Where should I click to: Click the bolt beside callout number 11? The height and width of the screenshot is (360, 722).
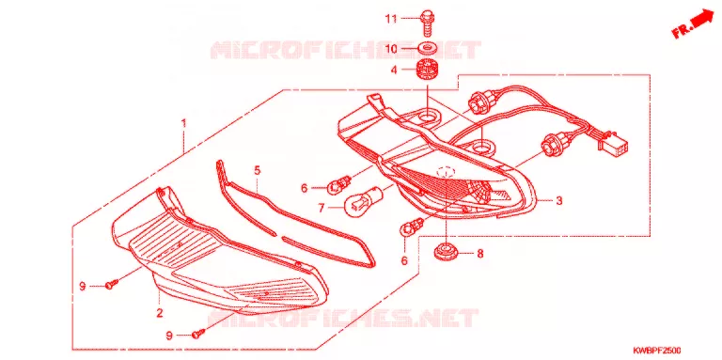pos(425,23)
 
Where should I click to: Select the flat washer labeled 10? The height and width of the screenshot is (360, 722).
pos(427,48)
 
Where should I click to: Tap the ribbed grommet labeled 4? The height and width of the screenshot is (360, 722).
pos(427,70)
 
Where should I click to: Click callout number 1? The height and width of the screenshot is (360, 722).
pos(183,123)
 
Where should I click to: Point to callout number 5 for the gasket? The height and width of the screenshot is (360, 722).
pos(257,170)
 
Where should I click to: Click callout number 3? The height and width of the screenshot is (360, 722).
pos(559,201)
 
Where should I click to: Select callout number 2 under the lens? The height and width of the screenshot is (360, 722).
pos(159,313)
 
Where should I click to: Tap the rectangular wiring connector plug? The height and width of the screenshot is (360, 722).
pos(614,143)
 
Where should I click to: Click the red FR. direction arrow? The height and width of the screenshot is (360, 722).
pos(695,24)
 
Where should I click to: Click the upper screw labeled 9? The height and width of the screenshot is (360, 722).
pos(112,284)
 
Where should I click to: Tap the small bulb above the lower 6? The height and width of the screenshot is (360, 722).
pos(410,228)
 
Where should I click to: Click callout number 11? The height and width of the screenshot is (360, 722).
pos(391,19)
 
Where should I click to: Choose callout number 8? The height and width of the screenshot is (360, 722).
pos(479,253)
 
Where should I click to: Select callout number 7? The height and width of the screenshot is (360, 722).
pos(322,208)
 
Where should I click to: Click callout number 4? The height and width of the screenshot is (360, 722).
pos(394,70)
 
